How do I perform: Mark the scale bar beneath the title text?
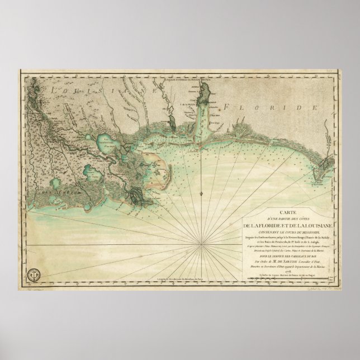pos(285,277)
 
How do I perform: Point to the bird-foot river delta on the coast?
pos(136,196)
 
